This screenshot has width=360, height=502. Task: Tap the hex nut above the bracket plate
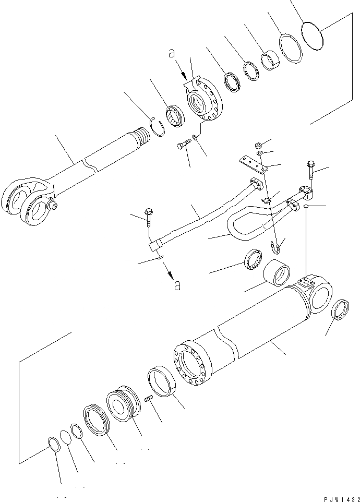(x=258, y=145)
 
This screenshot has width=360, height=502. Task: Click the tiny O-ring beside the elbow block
(x=308, y=207)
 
